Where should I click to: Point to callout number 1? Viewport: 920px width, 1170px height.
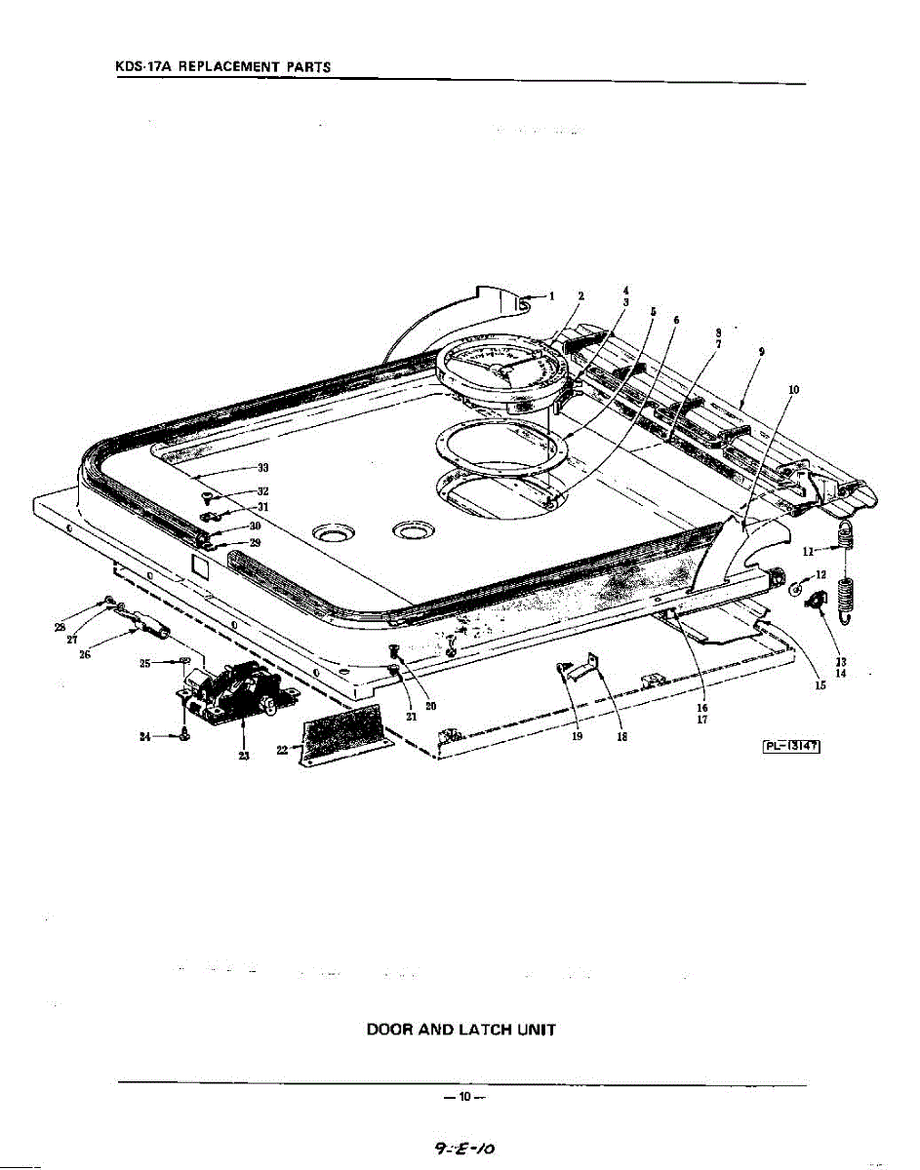(x=550, y=295)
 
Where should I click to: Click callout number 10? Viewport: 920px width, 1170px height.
(x=793, y=389)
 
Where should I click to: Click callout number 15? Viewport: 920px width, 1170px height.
(x=821, y=685)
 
